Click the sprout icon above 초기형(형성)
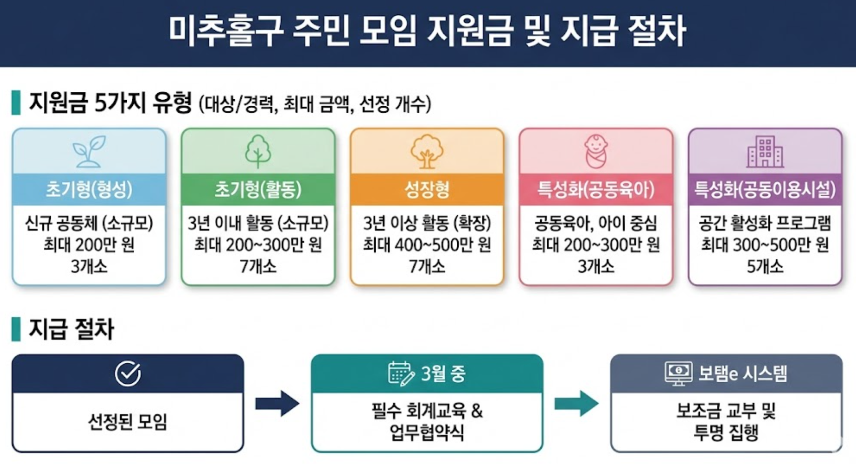click(89, 151)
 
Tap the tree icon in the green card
click(258, 151)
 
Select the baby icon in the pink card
click(596, 151)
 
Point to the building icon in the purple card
click(765, 152)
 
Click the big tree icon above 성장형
click(427, 151)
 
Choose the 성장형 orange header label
click(427, 189)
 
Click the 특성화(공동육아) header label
click(596, 189)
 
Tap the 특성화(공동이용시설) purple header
click(765, 189)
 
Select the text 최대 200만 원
click(89, 245)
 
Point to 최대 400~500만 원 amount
click(427, 245)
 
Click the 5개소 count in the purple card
click(765, 266)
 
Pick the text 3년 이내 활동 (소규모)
click(258, 223)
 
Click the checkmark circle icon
click(128, 374)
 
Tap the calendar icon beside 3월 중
click(401, 373)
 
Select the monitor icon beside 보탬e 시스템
click(678, 373)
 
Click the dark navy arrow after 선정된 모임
click(277, 404)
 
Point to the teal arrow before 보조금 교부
click(576, 404)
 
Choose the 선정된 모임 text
click(128, 422)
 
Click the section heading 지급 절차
click(71, 329)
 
